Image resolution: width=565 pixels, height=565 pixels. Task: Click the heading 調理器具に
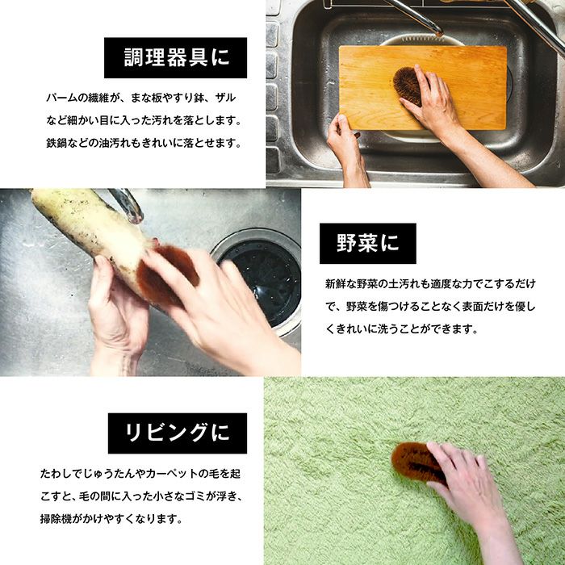click(176, 57)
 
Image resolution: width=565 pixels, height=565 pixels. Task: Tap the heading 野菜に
click(368, 243)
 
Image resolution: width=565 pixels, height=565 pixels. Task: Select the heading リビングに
click(178, 433)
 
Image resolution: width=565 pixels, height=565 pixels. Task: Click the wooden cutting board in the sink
click(422, 87)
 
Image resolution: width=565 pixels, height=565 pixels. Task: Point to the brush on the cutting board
click(407, 86)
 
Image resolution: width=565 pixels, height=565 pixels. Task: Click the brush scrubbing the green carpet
click(418, 462)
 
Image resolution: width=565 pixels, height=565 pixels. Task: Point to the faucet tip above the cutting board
click(438, 33)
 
